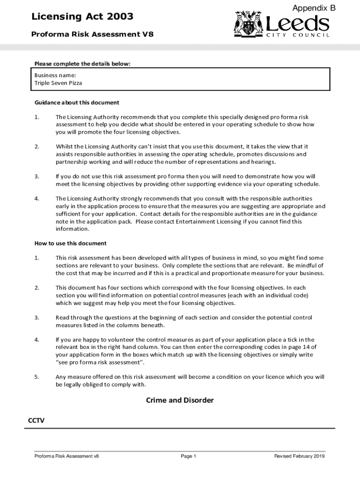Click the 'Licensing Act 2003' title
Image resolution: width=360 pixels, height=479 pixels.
(x=82, y=17)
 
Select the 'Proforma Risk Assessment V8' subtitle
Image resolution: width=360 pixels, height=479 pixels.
(x=92, y=34)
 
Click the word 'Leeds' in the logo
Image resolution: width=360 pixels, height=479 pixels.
(x=297, y=23)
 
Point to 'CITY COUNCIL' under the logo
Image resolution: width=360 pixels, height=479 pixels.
(x=298, y=35)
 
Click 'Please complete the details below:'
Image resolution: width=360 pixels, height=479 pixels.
(x=82, y=64)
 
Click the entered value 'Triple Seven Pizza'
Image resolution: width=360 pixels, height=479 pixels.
(x=58, y=83)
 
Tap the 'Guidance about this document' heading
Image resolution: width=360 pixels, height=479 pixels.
(x=77, y=102)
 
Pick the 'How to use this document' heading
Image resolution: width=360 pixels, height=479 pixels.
(x=70, y=243)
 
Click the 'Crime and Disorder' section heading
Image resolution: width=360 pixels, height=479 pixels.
(x=180, y=400)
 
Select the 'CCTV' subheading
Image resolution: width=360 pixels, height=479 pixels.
(x=36, y=420)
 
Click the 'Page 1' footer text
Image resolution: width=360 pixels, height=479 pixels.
(x=188, y=456)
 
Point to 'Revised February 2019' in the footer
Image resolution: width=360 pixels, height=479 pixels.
(x=299, y=456)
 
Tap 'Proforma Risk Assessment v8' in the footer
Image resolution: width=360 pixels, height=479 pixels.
(x=66, y=456)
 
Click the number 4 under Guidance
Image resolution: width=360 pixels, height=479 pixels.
(x=36, y=198)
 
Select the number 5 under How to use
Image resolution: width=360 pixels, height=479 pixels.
(x=36, y=377)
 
